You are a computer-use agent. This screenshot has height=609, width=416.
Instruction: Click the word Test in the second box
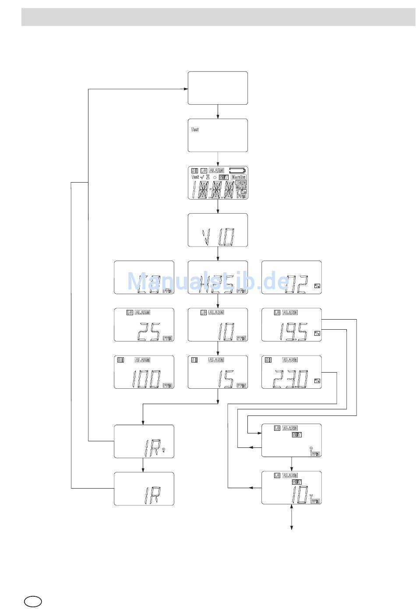(x=195, y=130)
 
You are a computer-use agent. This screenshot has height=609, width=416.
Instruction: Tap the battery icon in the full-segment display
(x=238, y=170)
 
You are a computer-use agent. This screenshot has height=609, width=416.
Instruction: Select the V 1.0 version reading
(x=218, y=238)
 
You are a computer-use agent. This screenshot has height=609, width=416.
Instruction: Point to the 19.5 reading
(x=294, y=332)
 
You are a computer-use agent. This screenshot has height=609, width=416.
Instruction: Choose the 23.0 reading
(x=290, y=380)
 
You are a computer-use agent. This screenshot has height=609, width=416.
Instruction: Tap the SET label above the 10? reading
(x=296, y=482)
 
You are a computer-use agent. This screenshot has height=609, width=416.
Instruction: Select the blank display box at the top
(x=218, y=88)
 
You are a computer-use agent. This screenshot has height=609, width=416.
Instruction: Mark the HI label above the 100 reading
(x=121, y=360)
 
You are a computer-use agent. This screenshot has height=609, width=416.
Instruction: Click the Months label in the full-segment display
(x=239, y=177)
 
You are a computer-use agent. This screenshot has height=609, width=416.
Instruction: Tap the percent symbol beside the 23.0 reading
(x=317, y=380)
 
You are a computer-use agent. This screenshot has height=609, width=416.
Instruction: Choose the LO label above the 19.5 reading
(x=277, y=313)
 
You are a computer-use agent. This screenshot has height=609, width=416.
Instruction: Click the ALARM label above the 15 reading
(x=216, y=360)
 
